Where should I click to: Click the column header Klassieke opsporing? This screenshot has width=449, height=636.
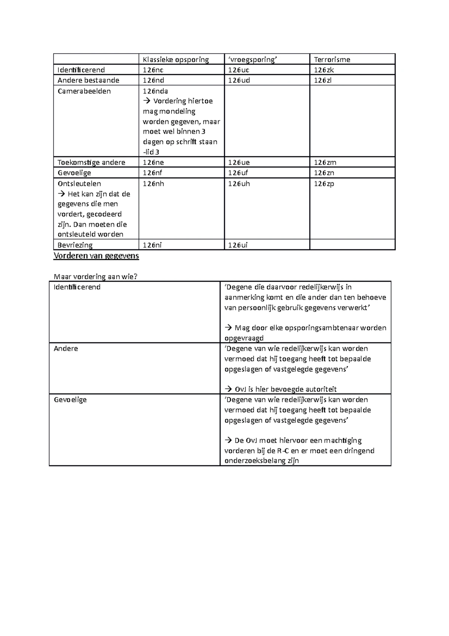[x=175, y=60]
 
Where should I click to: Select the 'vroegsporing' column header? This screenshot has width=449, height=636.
[x=253, y=60]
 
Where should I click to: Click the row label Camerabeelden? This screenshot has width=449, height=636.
[x=84, y=91]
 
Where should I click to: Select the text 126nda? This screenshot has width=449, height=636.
[x=155, y=91]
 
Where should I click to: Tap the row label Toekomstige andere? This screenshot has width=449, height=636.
[x=91, y=163]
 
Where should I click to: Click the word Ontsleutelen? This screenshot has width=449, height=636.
[x=79, y=184]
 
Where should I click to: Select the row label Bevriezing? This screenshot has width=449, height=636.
[x=75, y=245]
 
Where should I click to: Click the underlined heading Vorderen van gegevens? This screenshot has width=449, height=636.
[x=96, y=256]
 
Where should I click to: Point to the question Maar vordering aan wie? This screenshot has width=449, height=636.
[x=96, y=277]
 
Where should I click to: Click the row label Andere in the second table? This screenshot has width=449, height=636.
[x=66, y=349]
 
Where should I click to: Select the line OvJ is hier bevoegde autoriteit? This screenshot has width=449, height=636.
[x=285, y=389]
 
